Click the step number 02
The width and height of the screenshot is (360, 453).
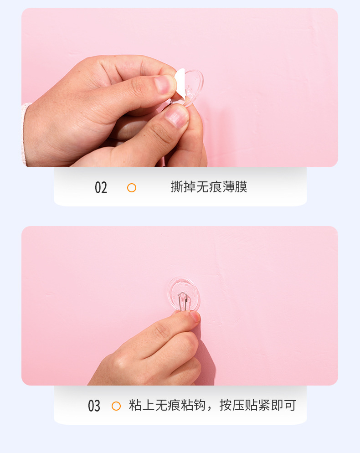click(x=101, y=188)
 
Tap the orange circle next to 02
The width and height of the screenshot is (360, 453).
click(x=132, y=188)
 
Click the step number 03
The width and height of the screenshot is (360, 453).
click(x=94, y=406)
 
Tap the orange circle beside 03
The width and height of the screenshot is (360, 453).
click(x=116, y=406)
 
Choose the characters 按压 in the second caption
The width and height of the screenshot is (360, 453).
click(x=232, y=405)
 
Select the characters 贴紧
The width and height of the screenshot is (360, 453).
click(x=258, y=405)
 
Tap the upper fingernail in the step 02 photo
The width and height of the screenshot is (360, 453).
click(x=164, y=84)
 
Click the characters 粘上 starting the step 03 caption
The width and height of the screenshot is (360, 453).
click(x=142, y=405)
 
